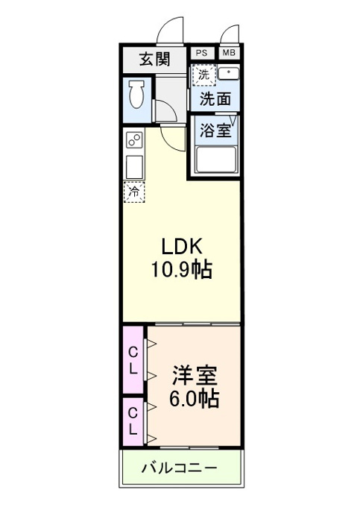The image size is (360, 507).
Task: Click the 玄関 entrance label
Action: click(154, 60)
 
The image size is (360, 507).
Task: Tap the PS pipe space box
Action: click(202, 53)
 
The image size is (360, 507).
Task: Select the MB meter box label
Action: click(229, 53)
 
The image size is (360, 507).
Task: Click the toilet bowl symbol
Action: click(136, 94)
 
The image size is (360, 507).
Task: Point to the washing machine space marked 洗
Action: click(203, 75)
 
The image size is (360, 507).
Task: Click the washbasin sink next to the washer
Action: click(228, 74)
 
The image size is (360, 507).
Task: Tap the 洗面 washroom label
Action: click(215, 99)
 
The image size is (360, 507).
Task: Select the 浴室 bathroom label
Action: click(215, 130)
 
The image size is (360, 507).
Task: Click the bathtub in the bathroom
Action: click(216, 160)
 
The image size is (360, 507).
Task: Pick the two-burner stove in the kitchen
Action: click(134, 139)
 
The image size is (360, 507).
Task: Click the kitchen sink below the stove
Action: click(134, 167)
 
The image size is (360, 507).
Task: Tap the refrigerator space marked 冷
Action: click(134, 192)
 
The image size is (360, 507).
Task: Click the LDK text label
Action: click(182, 247)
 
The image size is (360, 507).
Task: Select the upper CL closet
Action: click(133, 360)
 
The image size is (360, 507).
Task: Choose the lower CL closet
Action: click(133, 422)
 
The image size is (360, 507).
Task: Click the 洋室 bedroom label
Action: click(195, 375)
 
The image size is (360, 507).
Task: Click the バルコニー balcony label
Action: click(180, 468)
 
